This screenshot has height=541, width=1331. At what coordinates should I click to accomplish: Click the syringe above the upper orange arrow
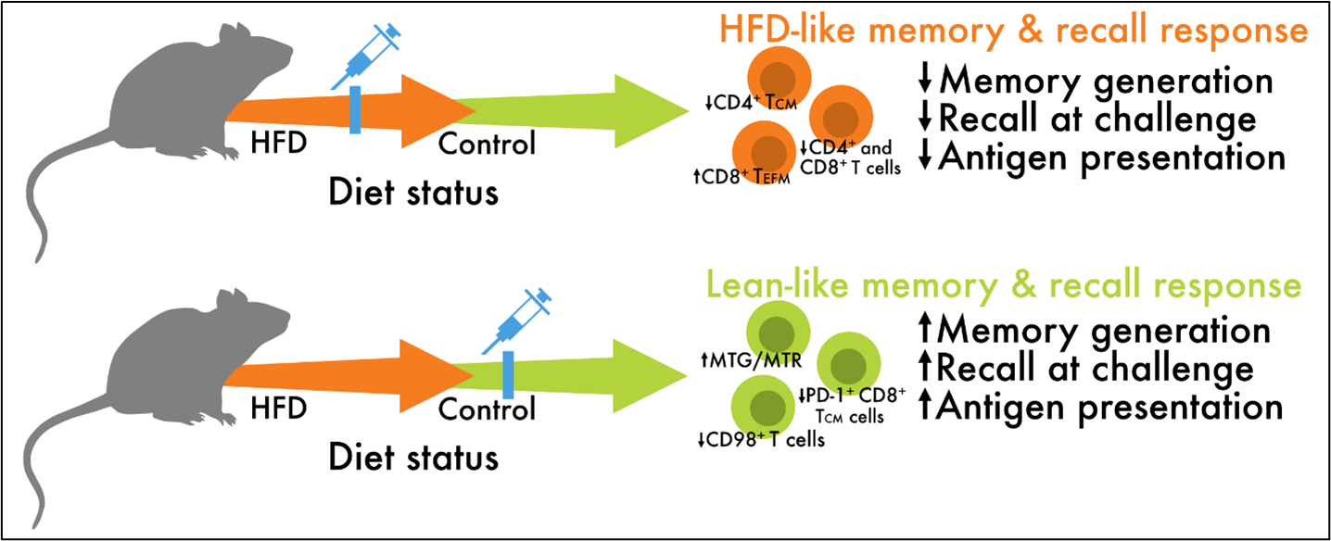point(370,55)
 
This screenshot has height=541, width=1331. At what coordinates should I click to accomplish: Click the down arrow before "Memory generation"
point(924,81)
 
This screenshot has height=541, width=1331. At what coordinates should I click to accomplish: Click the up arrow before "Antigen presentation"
point(924,408)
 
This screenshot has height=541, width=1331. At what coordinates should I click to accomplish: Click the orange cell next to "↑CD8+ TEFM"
point(765,152)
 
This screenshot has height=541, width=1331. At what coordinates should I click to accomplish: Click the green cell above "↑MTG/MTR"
point(779,329)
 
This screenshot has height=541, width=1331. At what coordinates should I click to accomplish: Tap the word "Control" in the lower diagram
point(488,409)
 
